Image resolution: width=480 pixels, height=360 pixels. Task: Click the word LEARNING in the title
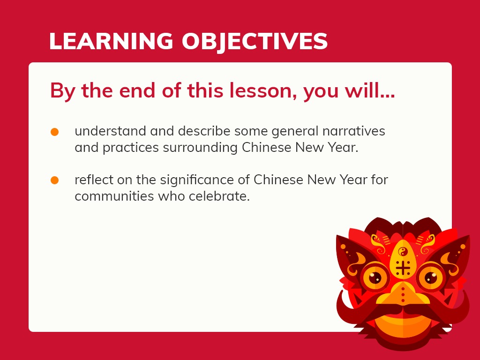click(111, 41)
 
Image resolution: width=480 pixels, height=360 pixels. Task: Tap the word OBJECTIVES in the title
click(255, 42)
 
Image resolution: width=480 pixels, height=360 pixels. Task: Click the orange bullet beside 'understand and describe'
click(54, 132)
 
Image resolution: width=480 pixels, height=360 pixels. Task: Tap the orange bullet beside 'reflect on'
click(54, 180)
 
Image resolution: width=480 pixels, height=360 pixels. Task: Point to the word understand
click(110, 131)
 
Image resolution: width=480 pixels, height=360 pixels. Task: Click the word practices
click(131, 148)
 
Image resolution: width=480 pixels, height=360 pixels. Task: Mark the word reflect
click(94, 180)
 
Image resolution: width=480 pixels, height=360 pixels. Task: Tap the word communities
click(114, 196)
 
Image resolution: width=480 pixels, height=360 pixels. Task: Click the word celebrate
click(219, 196)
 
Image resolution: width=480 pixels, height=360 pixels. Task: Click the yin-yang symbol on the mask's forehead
click(403, 252)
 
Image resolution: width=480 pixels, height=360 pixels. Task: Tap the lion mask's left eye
click(375, 277)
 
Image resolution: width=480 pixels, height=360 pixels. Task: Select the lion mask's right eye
click(431, 277)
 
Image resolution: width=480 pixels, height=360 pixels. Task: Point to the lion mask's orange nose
click(403, 294)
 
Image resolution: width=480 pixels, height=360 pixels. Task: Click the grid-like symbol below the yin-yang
click(403, 268)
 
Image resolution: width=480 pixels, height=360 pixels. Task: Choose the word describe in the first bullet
click(204, 131)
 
